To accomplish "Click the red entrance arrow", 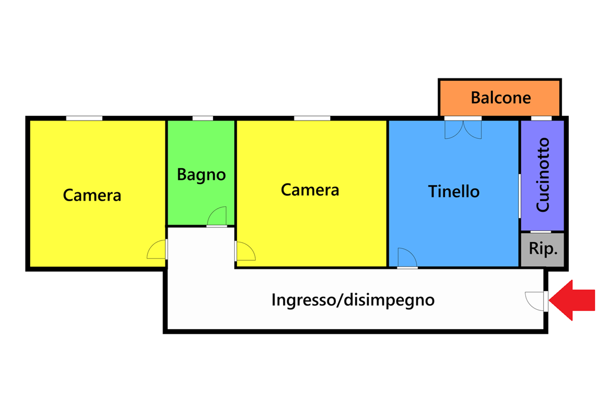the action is [x=572, y=300].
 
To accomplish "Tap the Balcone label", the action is [x=501, y=98].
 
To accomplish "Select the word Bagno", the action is [x=201, y=175].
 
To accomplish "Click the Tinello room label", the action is [x=454, y=192].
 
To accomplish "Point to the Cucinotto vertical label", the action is [x=543, y=175].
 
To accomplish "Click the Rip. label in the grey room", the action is [x=543, y=249].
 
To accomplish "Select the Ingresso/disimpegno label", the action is [x=353, y=300].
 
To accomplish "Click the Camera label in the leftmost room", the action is [x=92, y=195].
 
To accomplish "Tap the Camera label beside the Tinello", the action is [x=310, y=190].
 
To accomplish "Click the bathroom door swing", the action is [x=217, y=216].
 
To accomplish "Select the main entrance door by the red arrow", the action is [x=537, y=301].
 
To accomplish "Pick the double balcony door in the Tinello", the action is [x=463, y=130].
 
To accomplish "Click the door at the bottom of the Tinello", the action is [x=408, y=258].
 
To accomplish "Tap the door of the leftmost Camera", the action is [x=157, y=250].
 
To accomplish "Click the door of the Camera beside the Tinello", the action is [x=245, y=251].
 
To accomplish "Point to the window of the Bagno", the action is [x=203, y=118].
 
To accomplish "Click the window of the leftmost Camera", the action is [x=84, y=118].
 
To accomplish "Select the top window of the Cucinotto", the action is [x=541, y=118].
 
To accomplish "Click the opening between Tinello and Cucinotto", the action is [x=519, y=196].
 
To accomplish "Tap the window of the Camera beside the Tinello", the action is [x=312, y=118].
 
